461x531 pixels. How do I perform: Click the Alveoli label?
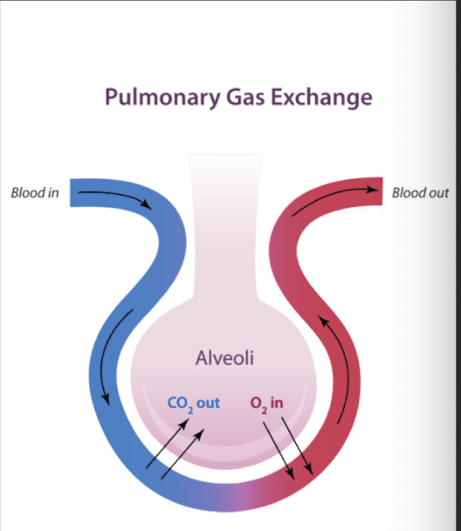pos(229,358)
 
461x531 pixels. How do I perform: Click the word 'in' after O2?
pos(279,403)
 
